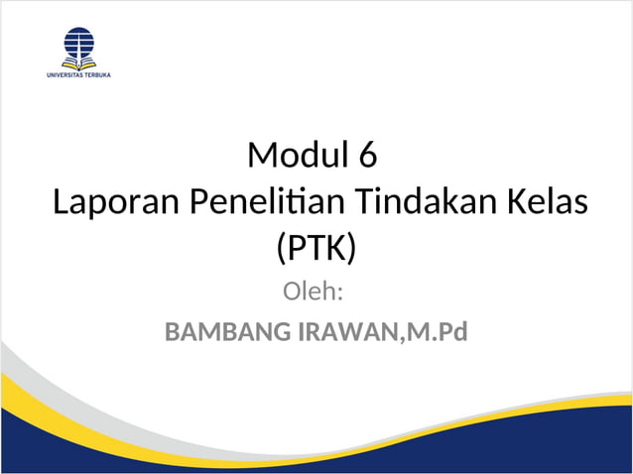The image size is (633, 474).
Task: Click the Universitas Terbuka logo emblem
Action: pos(79,47)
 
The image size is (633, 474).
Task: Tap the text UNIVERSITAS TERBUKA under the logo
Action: pos(78,74)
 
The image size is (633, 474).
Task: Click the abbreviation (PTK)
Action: pos(315,248)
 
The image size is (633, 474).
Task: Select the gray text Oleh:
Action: pos(314,293)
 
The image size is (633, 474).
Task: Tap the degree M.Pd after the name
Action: pos(436,332)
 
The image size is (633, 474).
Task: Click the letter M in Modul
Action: pos(261,155)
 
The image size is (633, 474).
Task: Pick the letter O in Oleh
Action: pos(294,293)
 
